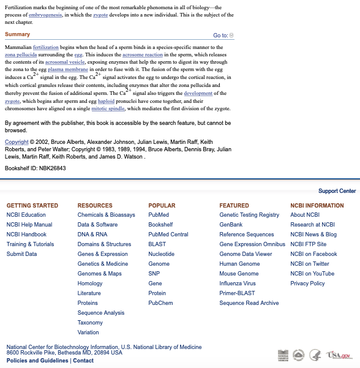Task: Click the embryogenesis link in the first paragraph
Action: pos(45,15)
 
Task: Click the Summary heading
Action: pos(17,34)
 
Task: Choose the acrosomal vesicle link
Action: pos(65,62)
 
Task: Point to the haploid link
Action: pos(106,101)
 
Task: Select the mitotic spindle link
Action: pos(108,108)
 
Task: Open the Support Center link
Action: pos(337,191)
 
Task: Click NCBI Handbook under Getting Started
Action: pos(26,235)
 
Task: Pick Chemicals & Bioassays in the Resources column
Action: pos(106,215)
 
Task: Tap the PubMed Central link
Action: pos(168,235)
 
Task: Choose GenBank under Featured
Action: pos(231,225)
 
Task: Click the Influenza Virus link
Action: pos(238,284)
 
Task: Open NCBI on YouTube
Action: pos(312,274)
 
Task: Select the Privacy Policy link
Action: pos(307,284)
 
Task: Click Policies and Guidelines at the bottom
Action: pos(37,361)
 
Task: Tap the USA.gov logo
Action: pos(339,355)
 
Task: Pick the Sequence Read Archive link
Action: pos(249,303)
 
